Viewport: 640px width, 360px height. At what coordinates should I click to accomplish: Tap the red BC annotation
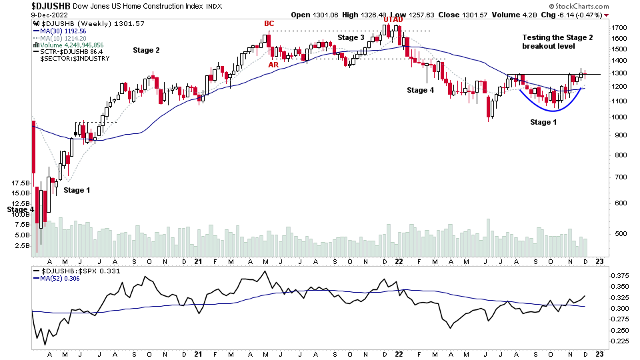point(269,24)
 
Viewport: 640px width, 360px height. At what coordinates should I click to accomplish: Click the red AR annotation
point(273,65)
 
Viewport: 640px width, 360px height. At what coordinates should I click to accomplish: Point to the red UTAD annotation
point(393,20)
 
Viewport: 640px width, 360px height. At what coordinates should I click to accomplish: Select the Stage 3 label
point(351,37)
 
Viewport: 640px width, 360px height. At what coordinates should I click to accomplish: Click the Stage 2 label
point(146,50)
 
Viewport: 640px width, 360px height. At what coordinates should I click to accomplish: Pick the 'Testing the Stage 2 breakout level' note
point(557,41)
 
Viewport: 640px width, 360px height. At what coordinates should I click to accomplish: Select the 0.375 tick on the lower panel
point(620,275)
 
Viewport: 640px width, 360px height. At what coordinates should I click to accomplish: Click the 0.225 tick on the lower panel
point(620,341)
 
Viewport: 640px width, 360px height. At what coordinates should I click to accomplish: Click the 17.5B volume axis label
point(21,183)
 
